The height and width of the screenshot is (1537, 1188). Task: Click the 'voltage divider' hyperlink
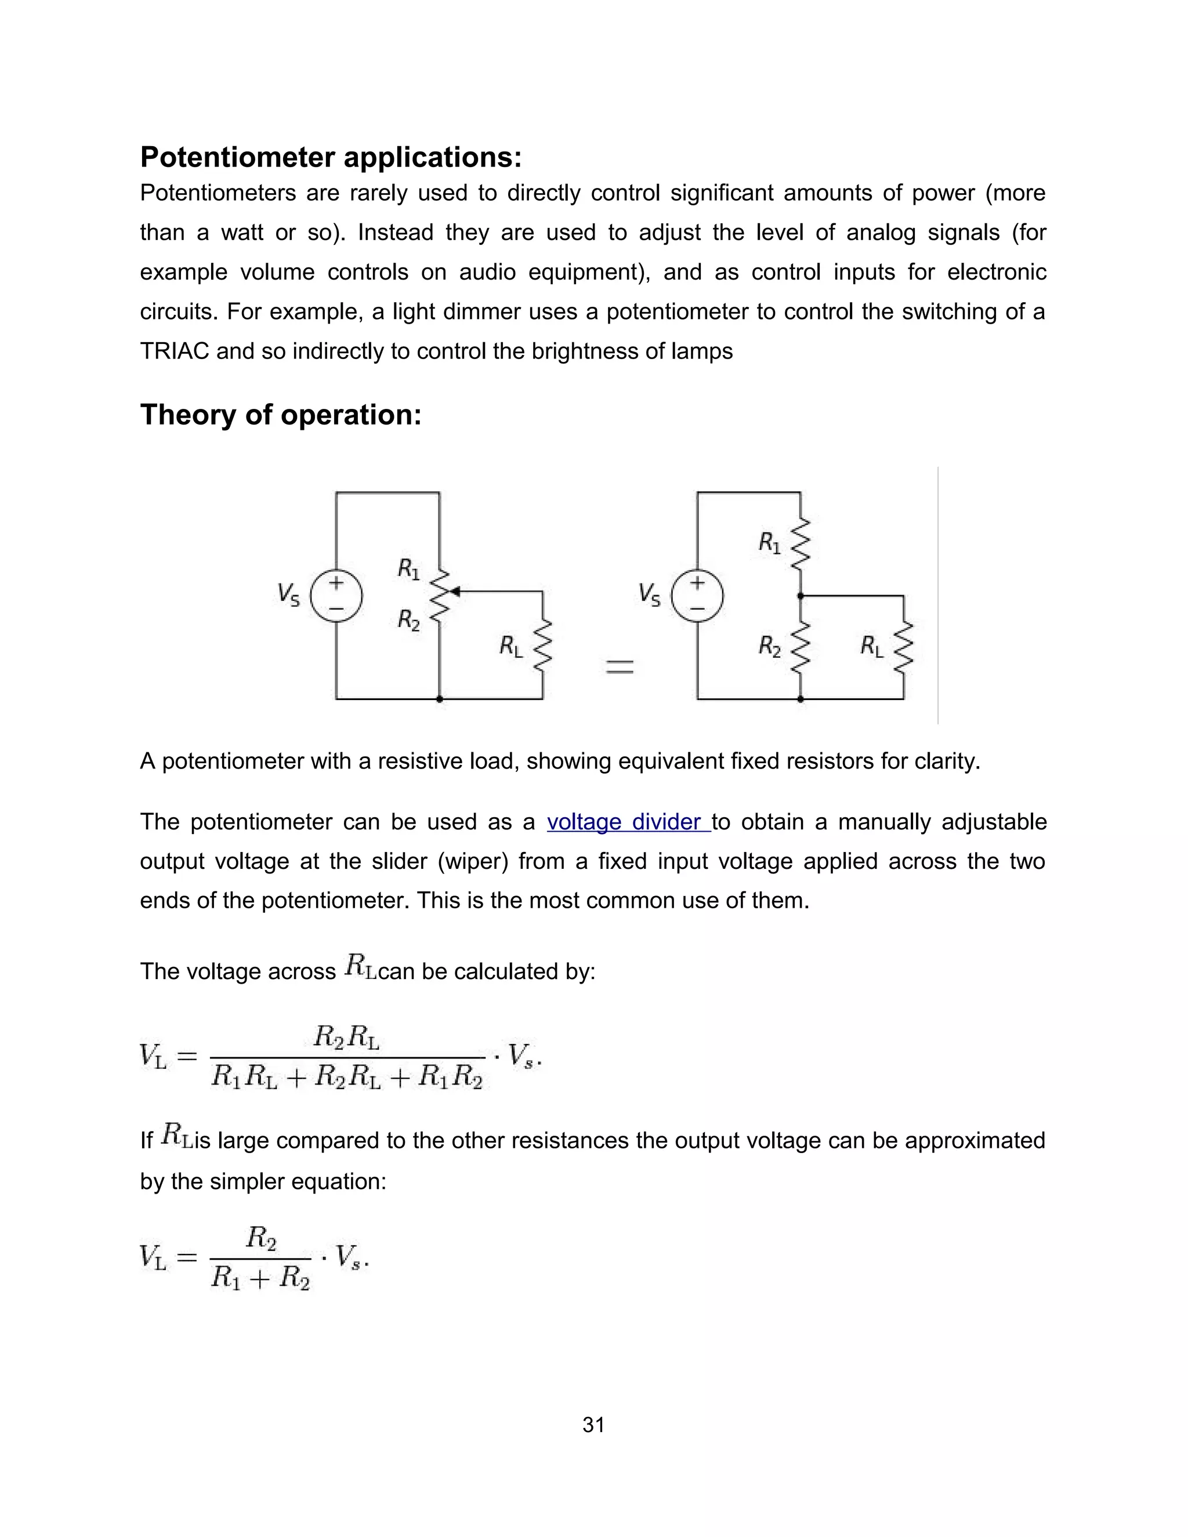[x=628, y=822]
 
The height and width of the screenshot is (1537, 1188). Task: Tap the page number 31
[x=593, y=1425]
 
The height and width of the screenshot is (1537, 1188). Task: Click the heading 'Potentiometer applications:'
[x=331, y=157]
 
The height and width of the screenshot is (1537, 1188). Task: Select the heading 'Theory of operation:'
[x=281, y=415]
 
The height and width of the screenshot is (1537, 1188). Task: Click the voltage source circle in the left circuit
[x=336, y=596]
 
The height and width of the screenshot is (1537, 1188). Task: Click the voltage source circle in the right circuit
[x=697, y=596]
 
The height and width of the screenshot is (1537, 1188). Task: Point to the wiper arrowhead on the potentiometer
[x=455, y=591]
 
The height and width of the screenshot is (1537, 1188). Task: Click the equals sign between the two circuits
[x=620, y=666]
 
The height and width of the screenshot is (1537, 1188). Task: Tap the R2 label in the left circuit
[x=408, y=620]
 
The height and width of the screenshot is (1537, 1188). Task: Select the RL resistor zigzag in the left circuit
[x=542, y=646]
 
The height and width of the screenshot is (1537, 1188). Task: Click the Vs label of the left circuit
[x=288, y=594]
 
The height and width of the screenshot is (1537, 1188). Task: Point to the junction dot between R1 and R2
[x=800, y=596]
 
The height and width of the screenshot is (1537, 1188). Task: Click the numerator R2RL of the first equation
[x=346, y=1036]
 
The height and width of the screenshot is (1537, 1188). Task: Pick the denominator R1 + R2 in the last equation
[x=260, y=1277]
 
